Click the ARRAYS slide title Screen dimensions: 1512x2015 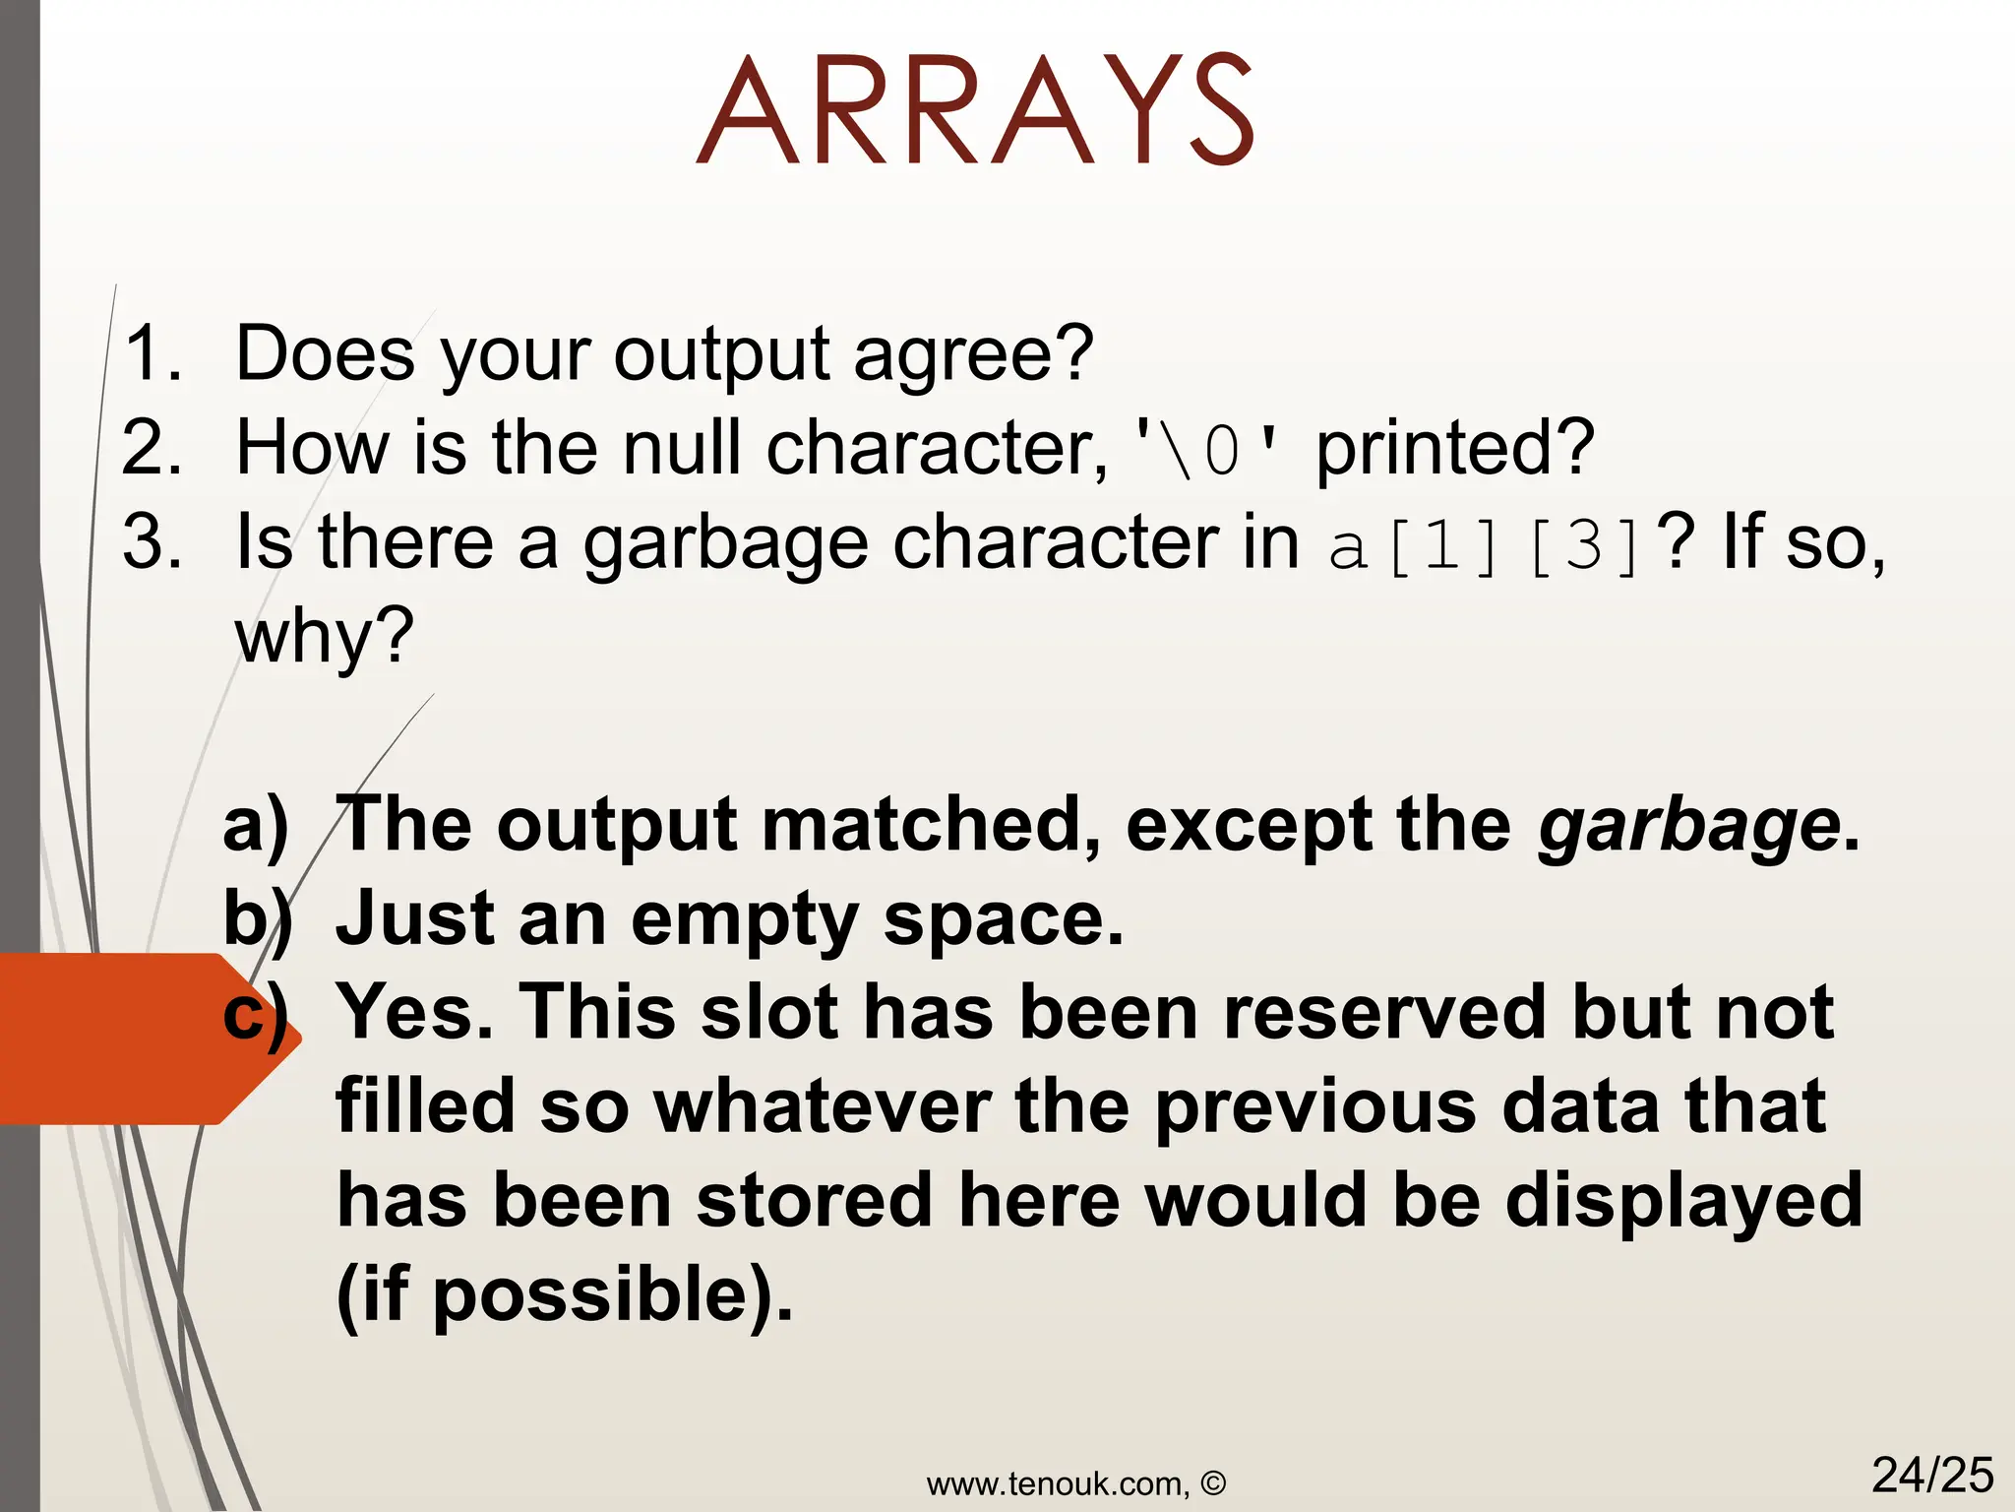(x=975, y=110)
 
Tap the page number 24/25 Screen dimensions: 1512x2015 (x=1931, y=1475)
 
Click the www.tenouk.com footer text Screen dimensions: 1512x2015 (x=1075, y=1483)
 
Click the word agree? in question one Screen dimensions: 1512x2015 (x=973, y=354)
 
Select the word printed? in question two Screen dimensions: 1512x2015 (x=1454, y=448)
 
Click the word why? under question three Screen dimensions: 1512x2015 (x=324, y=636)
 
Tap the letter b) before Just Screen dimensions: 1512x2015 (x=258, y=919)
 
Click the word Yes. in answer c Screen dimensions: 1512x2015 (x=414, y=1012)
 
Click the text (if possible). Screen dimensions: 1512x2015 (x=564, y=1294)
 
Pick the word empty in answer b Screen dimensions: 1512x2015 (x=744, y=919)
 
